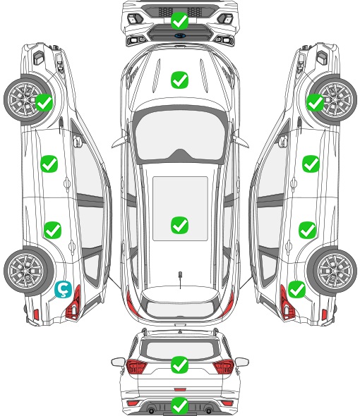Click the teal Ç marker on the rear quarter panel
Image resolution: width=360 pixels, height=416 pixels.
pos(63,289)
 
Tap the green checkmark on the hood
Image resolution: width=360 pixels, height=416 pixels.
pos(179,80)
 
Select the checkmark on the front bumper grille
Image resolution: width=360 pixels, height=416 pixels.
pos(179,20)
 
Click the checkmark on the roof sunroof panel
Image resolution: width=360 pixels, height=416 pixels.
pos(179,225)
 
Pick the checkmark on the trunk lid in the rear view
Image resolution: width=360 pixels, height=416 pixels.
pos(179,365)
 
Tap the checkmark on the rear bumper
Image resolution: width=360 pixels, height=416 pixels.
pos(179,405)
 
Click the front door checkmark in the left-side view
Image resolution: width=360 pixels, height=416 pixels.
pos(49,164)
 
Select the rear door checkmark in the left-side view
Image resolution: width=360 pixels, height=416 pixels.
pos(53,230)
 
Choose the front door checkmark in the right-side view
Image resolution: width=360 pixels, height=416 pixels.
pos(311,164)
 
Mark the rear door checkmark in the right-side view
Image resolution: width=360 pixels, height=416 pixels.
pos(307,230)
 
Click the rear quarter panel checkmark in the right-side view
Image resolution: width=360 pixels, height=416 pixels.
pos(296,290)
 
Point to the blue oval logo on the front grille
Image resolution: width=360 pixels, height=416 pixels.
pos(180,35)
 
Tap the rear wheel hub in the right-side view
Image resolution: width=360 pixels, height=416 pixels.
pos(334,271)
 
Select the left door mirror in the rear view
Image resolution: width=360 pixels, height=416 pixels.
pos(118,362)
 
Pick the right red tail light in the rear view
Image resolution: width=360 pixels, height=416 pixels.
pos(223,367)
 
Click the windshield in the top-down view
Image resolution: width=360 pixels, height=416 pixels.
pos(180,135)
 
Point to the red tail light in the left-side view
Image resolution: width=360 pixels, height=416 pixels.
pos(73,302)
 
